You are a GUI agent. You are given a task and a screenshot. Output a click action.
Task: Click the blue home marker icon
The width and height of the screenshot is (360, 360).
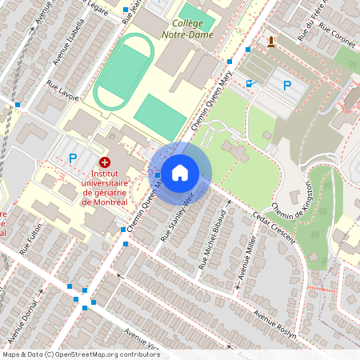[180, 172]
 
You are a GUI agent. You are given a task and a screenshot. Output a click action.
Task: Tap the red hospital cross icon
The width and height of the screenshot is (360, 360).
[104, 162]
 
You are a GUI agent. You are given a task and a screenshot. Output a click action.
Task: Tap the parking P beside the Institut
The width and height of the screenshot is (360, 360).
[73, 158]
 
